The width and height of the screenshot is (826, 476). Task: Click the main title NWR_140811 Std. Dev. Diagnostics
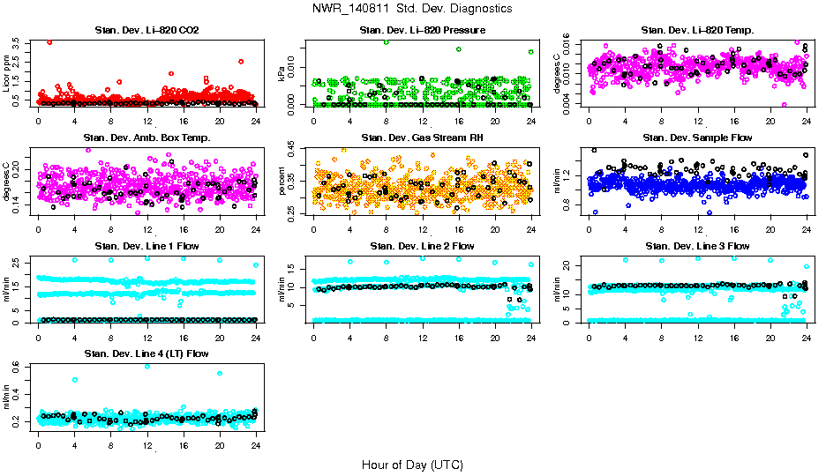(x=412, y=9)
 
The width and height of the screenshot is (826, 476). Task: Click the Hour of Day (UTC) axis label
(x=412, y=465)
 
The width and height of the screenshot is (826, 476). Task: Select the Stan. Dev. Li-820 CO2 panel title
(x=146, y=31)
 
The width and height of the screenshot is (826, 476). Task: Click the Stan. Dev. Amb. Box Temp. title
(x=146, y=138)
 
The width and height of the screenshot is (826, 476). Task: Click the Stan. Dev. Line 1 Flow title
(x=146, y=246)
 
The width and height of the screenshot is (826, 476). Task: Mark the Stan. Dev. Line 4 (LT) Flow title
(x=146, y=353)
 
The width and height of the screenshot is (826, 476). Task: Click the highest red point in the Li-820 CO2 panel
(x=49, y=41)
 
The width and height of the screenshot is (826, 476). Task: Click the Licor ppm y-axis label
(x=8, y=73)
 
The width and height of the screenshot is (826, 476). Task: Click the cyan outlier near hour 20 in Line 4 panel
(x=219, y=374)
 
